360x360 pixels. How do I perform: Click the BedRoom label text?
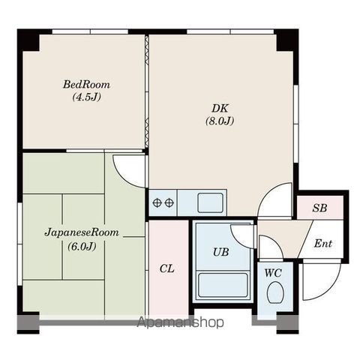[x=86, y=84]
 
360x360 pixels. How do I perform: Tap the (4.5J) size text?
[x=86, y=97]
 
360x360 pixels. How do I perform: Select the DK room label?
[x=220, y=109]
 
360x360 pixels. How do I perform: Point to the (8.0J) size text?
[x=220, y=121]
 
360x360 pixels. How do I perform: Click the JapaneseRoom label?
[x=82, y=232]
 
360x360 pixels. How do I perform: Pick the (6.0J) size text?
[x=82, y=247]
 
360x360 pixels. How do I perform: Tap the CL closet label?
[x=167, y=268]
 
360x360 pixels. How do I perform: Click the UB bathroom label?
[x=221, y=252]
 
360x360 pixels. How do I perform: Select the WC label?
[x=273, y=273]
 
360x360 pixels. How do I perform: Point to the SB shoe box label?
[x=319, y=208]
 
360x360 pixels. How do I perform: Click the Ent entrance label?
[x=323, y=243]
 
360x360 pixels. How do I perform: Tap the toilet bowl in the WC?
[x=275, y=292]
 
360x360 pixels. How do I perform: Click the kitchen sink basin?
[x=210, y=202]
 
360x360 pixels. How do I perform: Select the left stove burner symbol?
[x=157, y=202]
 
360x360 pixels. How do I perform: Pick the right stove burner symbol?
[x=169, y=202]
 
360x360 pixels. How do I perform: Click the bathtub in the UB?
[x=223, y=285]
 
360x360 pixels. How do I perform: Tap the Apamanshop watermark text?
[x=181, y=322]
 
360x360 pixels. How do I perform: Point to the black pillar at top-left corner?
[x=28, y=40]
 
